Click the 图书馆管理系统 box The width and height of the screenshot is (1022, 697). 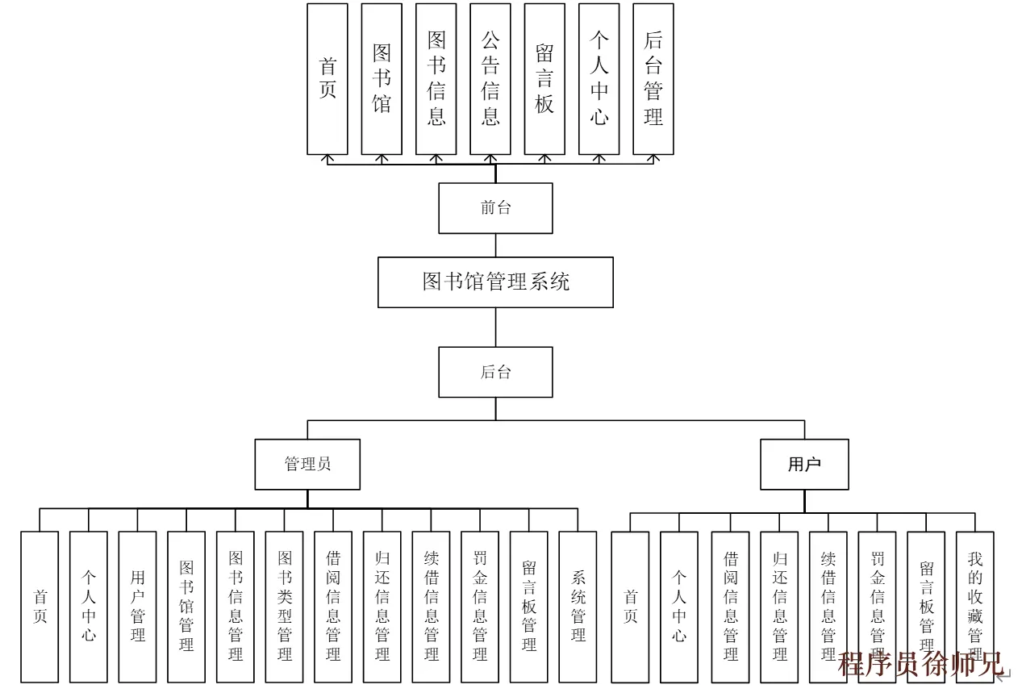(495, 282)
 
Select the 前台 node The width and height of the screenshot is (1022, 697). (495, 208)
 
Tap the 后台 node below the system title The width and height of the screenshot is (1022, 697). (495, 372)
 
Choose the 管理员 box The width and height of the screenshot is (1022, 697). (307, 464)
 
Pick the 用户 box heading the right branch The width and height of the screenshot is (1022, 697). (804, 464)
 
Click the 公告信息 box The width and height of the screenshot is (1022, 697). (490, 79)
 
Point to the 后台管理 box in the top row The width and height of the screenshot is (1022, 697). (653, 79)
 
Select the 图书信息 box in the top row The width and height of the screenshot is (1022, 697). (436, 79)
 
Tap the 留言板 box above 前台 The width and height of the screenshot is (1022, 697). (544, 79)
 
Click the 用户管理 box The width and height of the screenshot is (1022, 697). (138, 607)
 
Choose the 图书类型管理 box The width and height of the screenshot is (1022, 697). (285, 607)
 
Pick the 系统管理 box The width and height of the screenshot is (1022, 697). (578, 607)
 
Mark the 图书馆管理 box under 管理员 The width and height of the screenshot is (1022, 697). (186, 607)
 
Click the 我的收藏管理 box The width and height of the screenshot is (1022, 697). (974, 607)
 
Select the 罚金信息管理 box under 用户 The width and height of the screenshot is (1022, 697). (877, 607)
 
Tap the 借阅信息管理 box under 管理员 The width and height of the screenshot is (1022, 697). (333, 607)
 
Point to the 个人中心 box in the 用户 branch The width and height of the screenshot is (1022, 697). (679, 607)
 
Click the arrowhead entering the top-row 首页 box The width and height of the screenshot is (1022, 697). (327, 159)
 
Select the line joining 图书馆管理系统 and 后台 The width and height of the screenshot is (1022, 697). (495, 328)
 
